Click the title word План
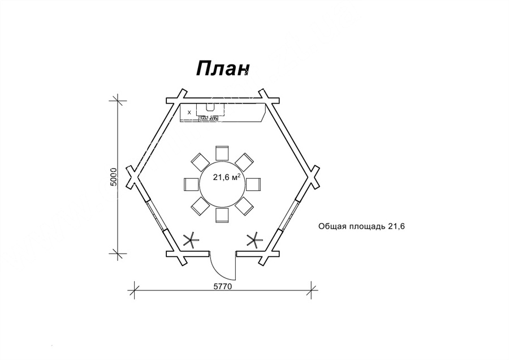tap(223, 68)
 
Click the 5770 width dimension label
tap(222, 286)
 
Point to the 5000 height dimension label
tap(114, 177)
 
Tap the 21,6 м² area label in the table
tap(227, 177)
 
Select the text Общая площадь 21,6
tap(361, 226)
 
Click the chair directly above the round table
tap(222, 153)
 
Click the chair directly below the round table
tap(222, 215)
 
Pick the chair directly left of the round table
tap(191, 184)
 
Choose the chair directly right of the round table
tap(253, 184)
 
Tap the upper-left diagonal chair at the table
tap(200, 162)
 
